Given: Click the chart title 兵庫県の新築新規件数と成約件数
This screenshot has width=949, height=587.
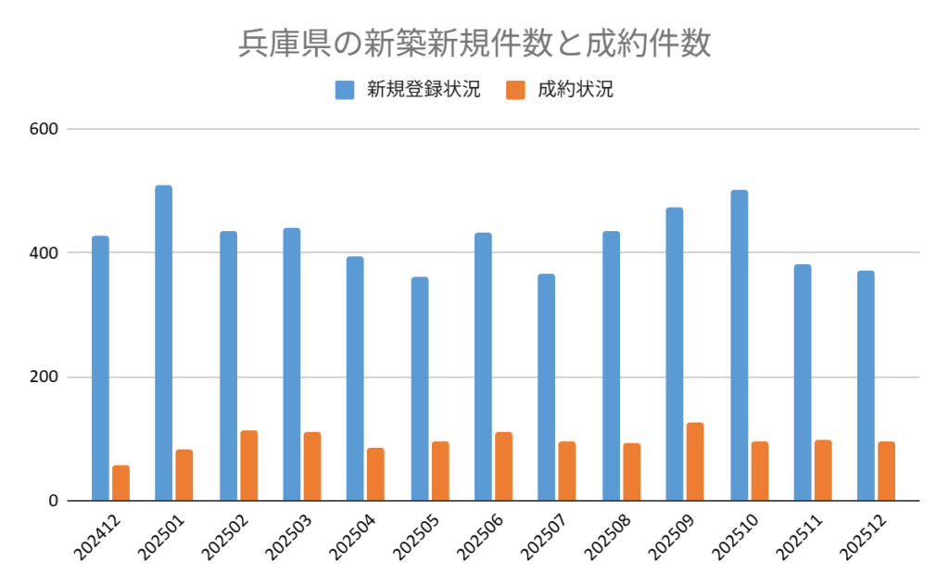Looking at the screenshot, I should coord(474,44).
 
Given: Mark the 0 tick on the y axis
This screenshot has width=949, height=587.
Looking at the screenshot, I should coord(54,501).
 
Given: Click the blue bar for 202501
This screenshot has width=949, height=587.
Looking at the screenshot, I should coord(164,343).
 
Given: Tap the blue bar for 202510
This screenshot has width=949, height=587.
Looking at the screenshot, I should coord(739,346).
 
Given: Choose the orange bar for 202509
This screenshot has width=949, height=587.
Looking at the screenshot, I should coord(695,462).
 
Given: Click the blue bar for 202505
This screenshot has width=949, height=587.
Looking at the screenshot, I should coord(420,389).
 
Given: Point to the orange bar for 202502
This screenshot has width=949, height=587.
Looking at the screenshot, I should coord(248,466).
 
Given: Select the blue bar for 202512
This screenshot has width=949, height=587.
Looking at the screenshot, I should coord(866,386).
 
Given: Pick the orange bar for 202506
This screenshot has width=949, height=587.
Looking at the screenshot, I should coord(503,466).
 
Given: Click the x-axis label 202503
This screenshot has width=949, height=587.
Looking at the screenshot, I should coord(288,534).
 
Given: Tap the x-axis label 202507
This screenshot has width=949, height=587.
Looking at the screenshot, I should coord(543,534).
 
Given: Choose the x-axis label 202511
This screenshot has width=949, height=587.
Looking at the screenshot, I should coord(798,534).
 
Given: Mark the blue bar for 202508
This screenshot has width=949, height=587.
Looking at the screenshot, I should coord(611,366).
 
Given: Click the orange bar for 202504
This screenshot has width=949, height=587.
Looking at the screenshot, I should coord(375,475).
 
